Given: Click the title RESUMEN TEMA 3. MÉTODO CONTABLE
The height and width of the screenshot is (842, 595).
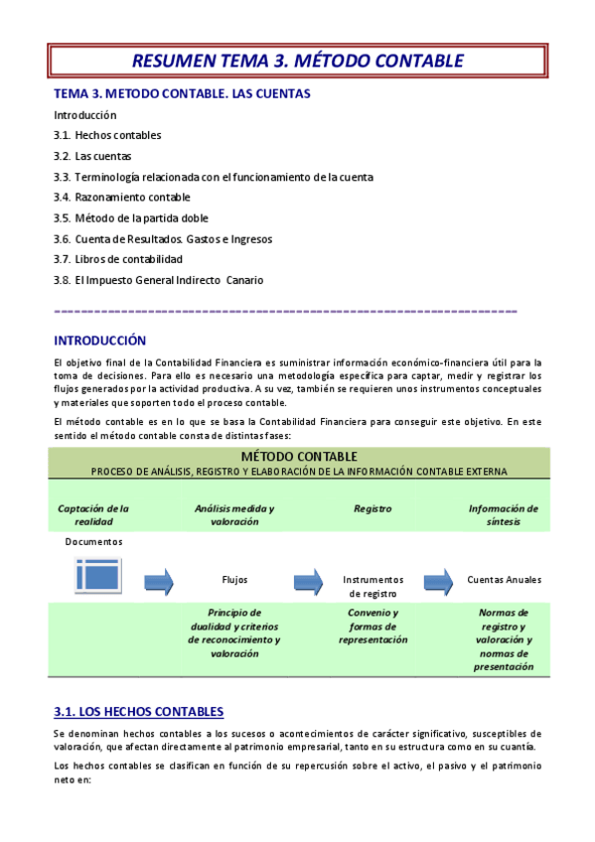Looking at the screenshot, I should tap(297, 61).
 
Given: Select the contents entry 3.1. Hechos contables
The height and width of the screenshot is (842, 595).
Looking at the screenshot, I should tap(107, 135).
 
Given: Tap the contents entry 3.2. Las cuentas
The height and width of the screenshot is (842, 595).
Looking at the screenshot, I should tap(92, 156).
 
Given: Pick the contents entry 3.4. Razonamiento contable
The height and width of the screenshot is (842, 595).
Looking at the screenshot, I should tap(122, 198).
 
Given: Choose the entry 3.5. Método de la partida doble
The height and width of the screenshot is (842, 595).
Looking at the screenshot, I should tap(131, 218).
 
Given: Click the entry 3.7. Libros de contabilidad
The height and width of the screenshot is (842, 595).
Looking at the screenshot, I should tap(118, 259).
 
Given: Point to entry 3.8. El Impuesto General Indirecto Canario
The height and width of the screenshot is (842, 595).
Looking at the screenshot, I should tap(159, 280).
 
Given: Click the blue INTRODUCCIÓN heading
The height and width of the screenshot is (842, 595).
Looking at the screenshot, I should tap(99, 341).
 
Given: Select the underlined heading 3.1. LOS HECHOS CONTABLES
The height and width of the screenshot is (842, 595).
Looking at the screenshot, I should tap(138, 711).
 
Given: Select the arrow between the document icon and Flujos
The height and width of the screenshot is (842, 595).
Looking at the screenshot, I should tap(159, 580).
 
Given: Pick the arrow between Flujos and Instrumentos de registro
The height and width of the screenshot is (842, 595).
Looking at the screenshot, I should tap(308, 580).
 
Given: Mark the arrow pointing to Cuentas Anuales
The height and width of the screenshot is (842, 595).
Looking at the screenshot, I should tap(438, 580).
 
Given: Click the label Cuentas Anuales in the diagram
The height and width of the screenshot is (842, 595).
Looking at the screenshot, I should tap(504, 580).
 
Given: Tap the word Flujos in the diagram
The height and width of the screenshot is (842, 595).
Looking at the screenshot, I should tap(234, 580).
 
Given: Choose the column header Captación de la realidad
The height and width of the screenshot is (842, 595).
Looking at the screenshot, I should tap(93, 514).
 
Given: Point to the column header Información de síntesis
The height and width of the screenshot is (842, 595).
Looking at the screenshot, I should tap(504, 514).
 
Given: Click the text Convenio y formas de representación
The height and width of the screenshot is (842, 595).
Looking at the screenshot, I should tap(373, 627).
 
